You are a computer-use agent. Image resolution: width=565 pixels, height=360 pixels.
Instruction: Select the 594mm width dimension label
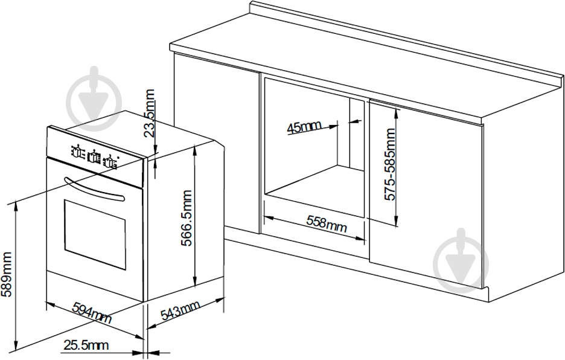click(92, 313)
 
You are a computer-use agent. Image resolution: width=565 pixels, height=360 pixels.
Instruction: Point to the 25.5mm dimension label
click(86, 346)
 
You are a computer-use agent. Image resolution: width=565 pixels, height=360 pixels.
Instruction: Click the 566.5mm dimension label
click(187, 218)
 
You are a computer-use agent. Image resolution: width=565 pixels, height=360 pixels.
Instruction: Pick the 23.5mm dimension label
click(149, 114)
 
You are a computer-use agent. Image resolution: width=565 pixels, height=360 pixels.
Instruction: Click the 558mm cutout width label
click(327, 224)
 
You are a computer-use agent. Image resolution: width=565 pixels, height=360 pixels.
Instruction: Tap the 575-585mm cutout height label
click(389, 164)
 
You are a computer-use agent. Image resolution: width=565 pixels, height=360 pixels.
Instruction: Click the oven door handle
click(94, 188)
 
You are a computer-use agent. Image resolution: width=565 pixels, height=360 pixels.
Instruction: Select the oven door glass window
click(95, 235)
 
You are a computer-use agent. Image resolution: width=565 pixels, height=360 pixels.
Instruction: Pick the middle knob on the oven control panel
click(94, 157)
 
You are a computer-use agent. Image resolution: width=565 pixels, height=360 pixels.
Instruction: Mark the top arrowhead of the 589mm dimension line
click(16, 205)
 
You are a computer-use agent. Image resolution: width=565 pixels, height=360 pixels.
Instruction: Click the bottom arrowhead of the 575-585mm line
click(396, 222)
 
